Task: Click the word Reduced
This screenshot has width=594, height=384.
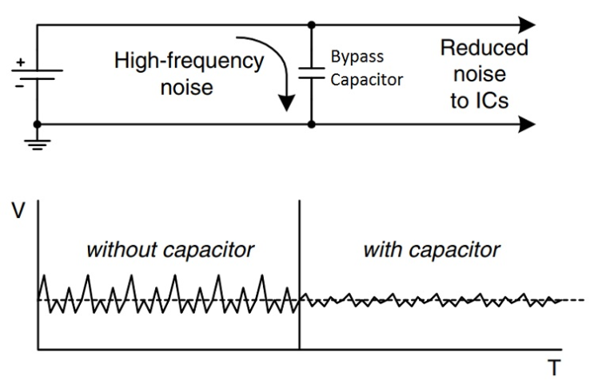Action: (484, 47)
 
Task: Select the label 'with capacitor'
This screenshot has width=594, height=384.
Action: (432, 250)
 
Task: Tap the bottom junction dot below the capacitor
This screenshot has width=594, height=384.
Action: (310, 124)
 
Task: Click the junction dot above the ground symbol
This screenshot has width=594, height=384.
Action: (38, 124)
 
